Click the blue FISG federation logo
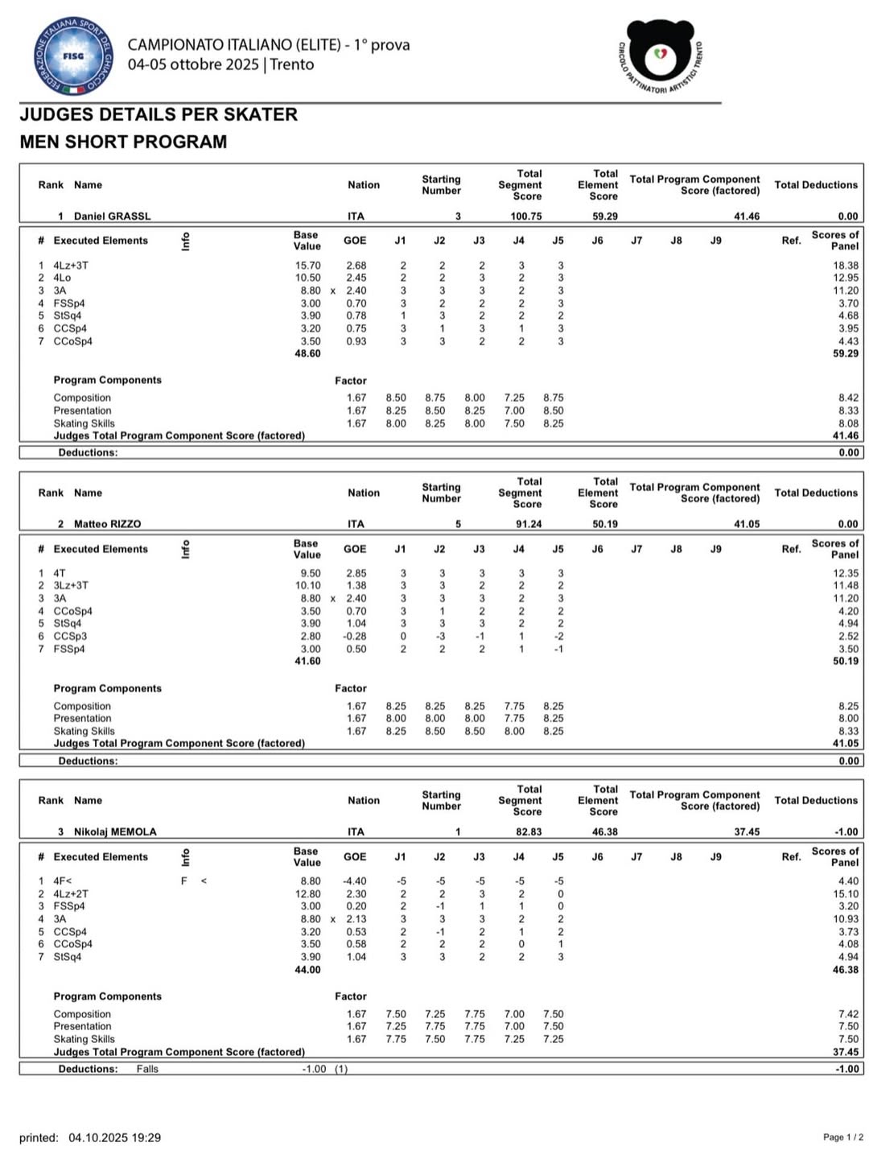tap(73, 56)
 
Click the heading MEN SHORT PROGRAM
tap(123, 142)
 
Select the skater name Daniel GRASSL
tap(112, 216)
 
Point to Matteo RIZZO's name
tap(107, 524)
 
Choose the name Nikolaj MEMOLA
tap(115, 831)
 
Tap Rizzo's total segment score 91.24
tap(529, 524)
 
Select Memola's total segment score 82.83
tap(529, 831)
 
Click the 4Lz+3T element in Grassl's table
tap(71, 266)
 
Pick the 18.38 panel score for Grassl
tap(846, 266)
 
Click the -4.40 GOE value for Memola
tap(354, 881)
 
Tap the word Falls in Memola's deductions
tap(147, 1069)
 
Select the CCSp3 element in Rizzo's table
tap(70, 637)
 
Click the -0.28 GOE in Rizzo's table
tap(354, 637)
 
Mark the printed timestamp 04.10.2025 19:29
tap(114, 1137)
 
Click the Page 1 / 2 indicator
tap(843, 1137)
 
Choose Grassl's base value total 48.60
tap(308, 353)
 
